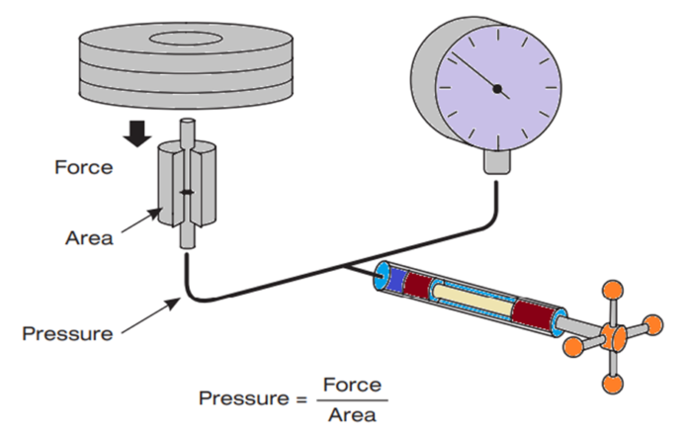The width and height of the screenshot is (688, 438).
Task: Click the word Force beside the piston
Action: coord(83,167)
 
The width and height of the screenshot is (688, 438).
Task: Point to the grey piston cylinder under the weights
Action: coord(186,184)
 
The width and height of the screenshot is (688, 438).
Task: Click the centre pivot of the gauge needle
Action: coord(497,91)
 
